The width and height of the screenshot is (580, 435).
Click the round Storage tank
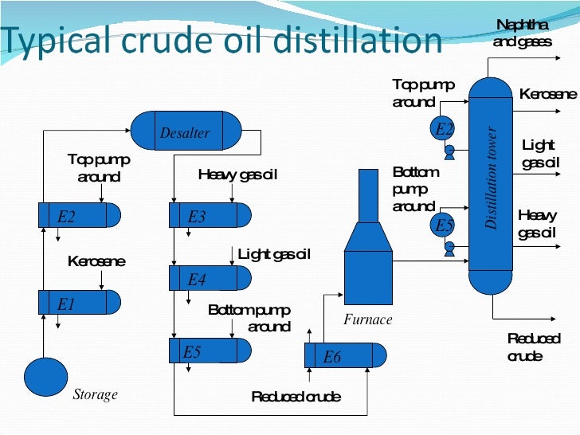coord(46,377)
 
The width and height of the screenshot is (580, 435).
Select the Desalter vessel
coord(186,131)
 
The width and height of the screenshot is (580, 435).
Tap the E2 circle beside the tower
coord(444,128)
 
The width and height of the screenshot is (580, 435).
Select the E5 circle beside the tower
coord(444,225)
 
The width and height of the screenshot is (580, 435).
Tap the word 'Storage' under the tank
coord(95,394)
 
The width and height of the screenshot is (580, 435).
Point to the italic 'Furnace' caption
coord(368,319)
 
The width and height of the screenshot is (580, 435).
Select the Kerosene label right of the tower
coord(547,94)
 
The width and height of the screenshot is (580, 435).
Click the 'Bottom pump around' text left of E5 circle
coord(415,189)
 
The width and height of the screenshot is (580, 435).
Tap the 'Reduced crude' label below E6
coord(296,396)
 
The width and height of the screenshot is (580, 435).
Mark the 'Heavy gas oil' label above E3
coord(237,174)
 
